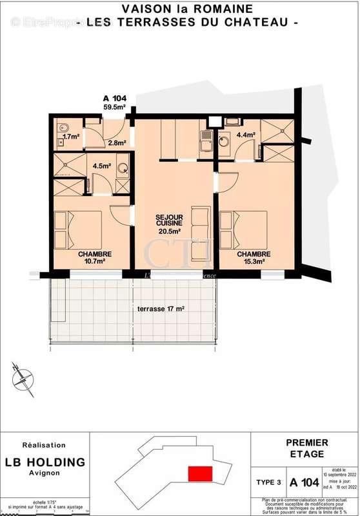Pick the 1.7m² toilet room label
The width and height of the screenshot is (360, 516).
point(71,136)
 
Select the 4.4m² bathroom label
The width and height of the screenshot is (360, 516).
point(246,135)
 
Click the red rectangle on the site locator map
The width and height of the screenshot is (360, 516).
point(201,472)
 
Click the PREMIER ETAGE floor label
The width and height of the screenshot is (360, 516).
point(307,448)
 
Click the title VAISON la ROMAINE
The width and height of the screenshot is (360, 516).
point(187,8)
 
